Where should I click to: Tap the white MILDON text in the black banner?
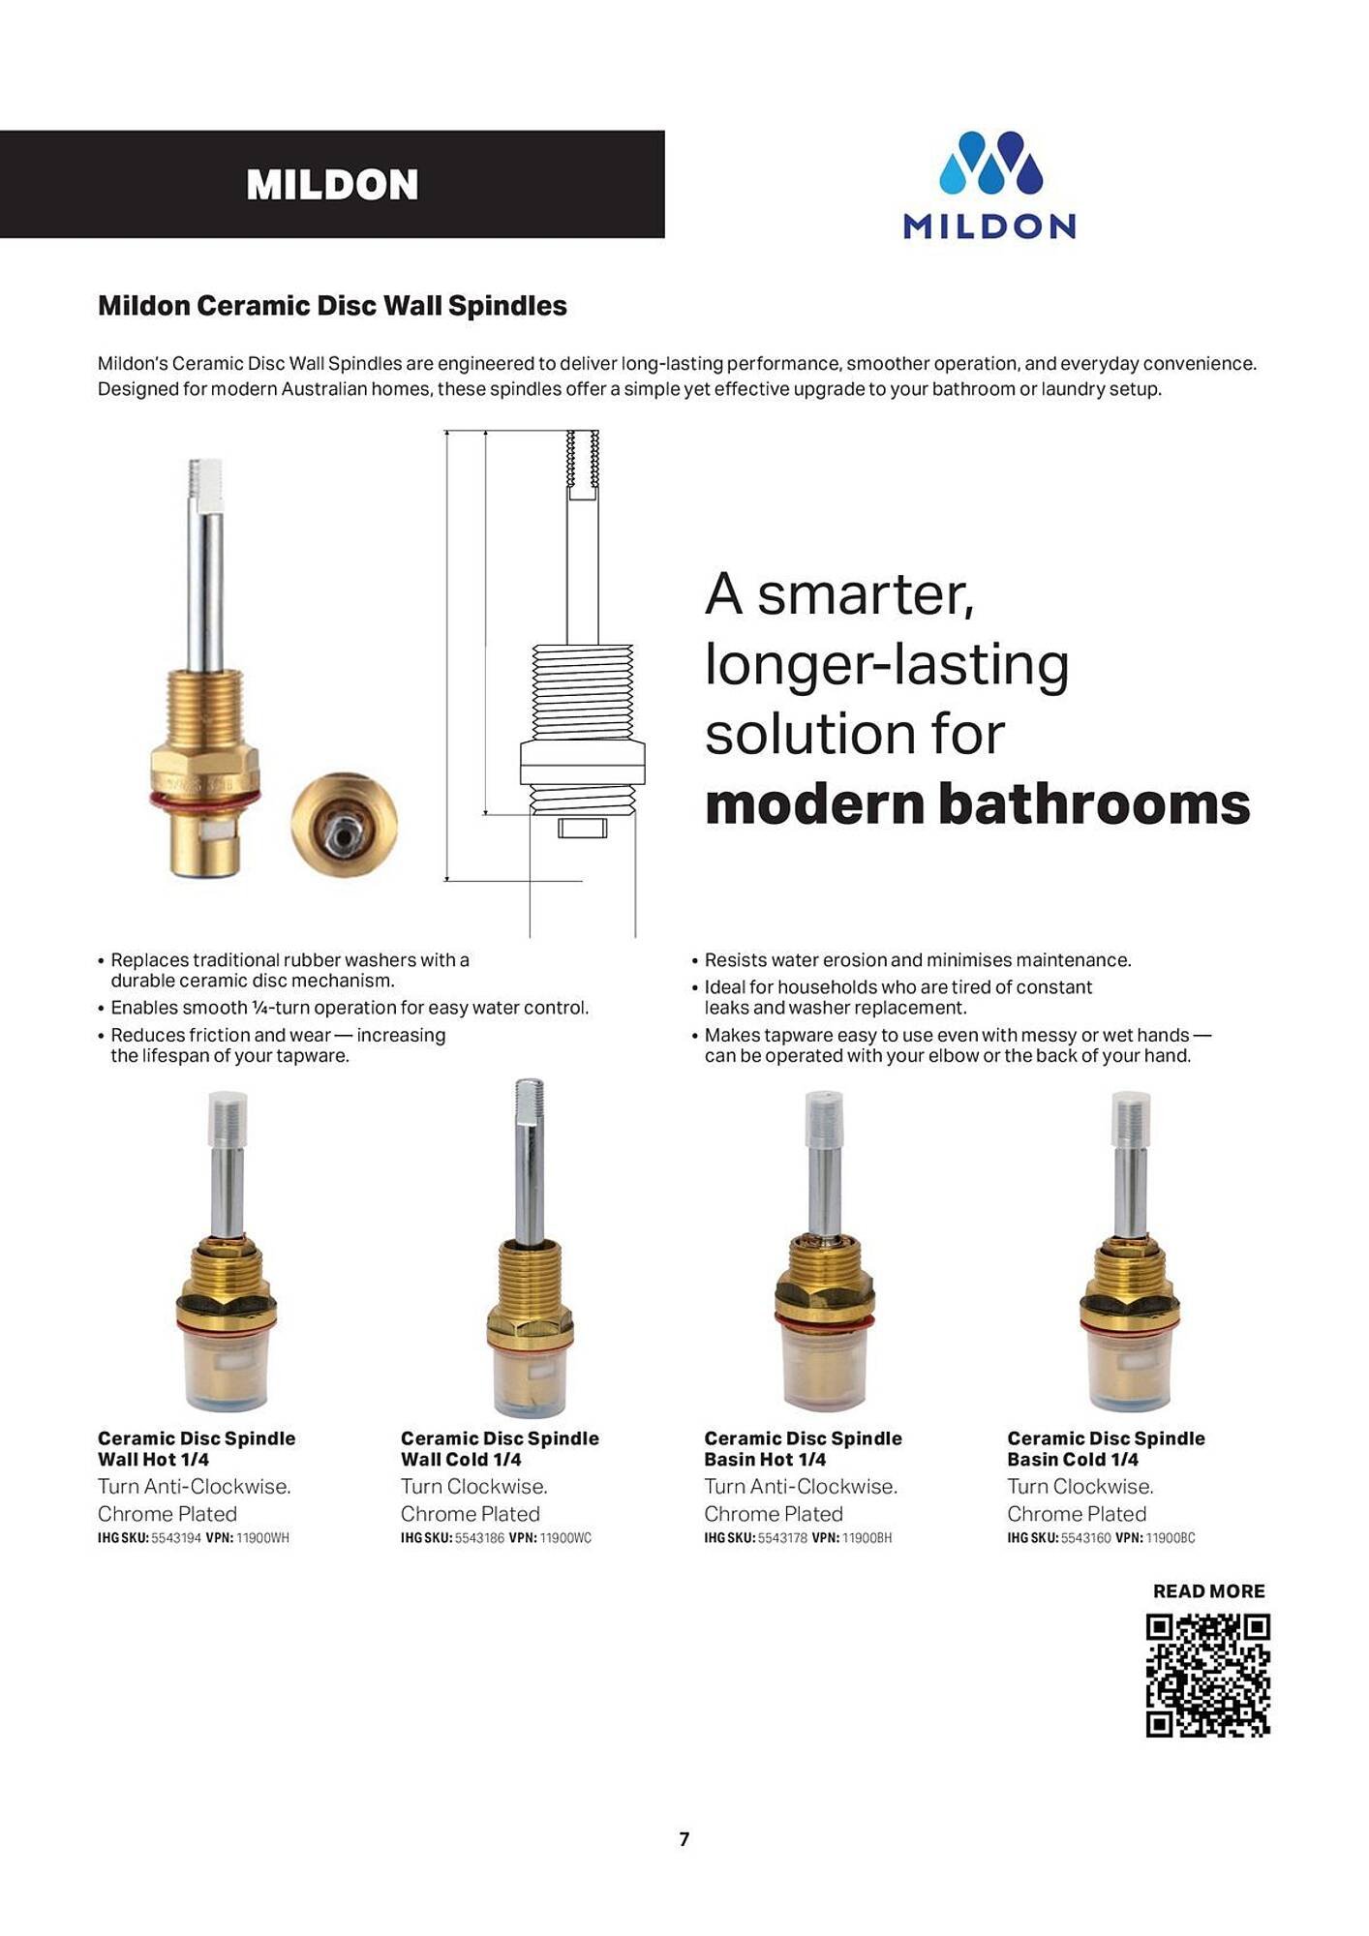[x=332, y=185]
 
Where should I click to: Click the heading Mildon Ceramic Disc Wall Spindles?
[x=332, y=306]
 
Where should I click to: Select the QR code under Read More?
[x=1207, y=1676]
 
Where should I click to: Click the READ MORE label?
[x=1208, y=1591]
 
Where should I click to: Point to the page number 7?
[x=684, y=1839]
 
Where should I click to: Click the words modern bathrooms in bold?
[x=977, y=804]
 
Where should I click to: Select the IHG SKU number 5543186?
[x=479, y=1538]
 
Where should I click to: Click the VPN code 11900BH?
[x=867, y=1538]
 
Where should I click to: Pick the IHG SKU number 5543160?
[x=1085, y=1538]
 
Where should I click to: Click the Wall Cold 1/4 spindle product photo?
[x=529, y=1249]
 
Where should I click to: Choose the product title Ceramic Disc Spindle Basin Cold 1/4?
[x=1106, y=1449]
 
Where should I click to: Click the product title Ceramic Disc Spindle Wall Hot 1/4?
[x=197, y=1449]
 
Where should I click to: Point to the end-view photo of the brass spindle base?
[x=345, y=824]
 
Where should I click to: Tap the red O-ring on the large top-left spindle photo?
[x=203, y=800]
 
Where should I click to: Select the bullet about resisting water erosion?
[x=917, y=960]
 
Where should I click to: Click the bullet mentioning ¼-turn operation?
[x=349, y=1008]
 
